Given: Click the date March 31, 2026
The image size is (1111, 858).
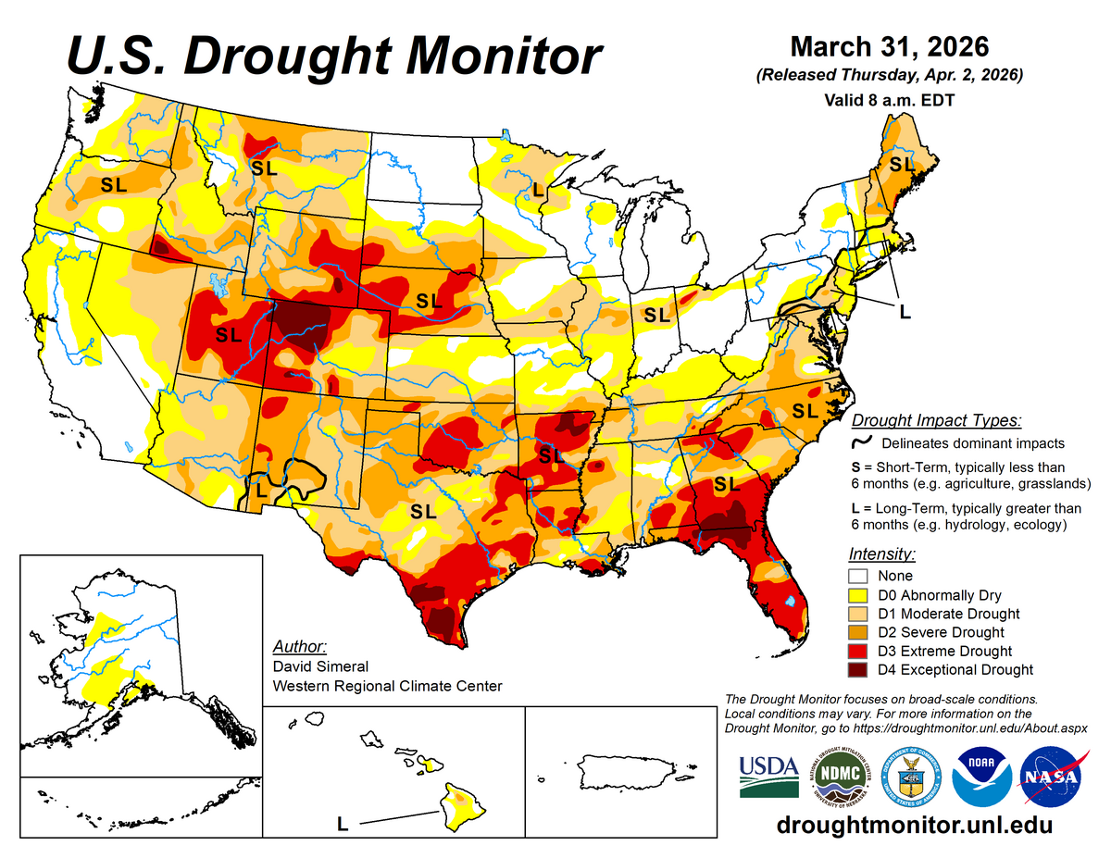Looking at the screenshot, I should (890, 46).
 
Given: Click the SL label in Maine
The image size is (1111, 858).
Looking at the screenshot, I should (901, 164).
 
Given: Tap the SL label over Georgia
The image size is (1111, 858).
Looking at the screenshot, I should (727, 483).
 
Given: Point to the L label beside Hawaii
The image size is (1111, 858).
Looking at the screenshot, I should (342, 823).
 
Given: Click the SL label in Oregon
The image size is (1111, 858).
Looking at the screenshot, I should (114, 184).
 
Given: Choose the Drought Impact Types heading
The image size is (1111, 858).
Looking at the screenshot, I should (936, 420).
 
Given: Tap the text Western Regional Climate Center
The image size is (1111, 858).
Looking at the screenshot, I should (387, 686).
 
